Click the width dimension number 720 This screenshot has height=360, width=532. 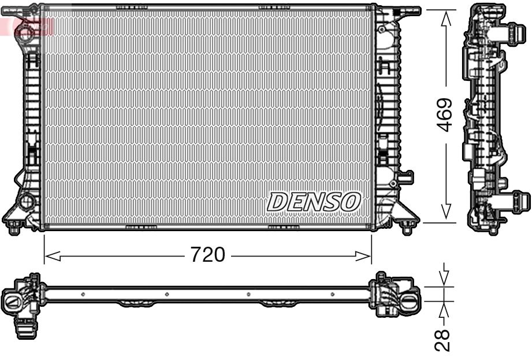click(208, 254)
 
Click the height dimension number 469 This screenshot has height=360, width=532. click(444, 114)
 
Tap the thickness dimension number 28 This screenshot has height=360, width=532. click(444, 341)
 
